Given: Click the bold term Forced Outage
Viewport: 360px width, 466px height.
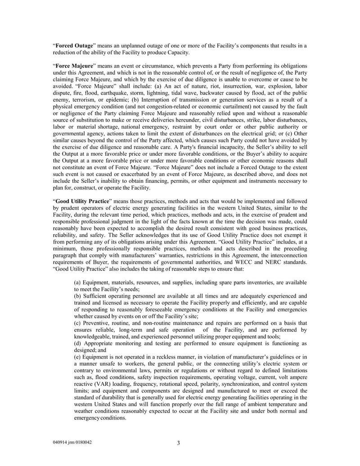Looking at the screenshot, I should pos(74,46).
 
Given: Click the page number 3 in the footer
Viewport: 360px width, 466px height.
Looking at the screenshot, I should pos(179,443).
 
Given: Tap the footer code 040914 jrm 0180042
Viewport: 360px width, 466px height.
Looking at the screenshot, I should pos(72,442).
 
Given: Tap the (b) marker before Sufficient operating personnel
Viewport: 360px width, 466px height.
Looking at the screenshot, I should pos(78,296).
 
